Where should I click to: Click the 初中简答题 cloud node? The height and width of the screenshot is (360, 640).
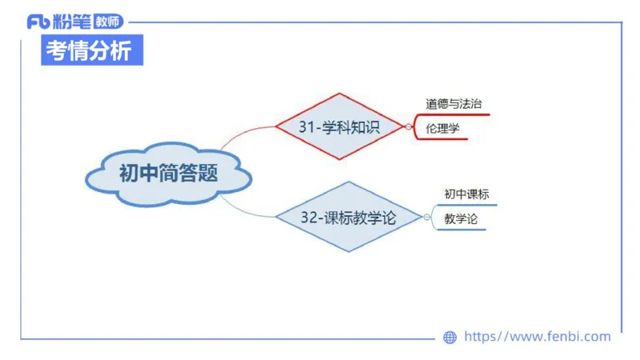[x=169, y=174]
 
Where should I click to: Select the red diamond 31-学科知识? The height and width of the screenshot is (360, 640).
[x=339, y=126]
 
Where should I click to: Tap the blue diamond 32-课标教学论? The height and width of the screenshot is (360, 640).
[x=348, y=217]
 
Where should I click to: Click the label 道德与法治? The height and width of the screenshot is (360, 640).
[x=454, y=104]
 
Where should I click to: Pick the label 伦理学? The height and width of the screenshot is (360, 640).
[x=443, y=128]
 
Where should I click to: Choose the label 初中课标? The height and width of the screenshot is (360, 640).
[x=466, y=194]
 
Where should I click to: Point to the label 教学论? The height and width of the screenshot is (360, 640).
[x=461, y=218]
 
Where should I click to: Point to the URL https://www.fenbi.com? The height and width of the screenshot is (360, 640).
[x=537, y=337]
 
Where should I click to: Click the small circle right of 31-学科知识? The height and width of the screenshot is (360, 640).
[x=408, y=126]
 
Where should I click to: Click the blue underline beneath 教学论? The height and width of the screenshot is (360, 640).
[x=461, y=230]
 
